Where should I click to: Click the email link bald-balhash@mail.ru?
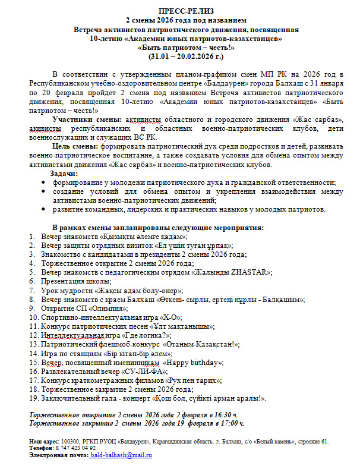pyautogui.click(x=122, y=455)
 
